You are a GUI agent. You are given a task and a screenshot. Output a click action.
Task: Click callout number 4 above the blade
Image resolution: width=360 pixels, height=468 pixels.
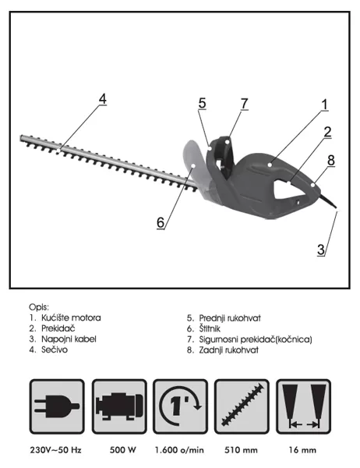103,99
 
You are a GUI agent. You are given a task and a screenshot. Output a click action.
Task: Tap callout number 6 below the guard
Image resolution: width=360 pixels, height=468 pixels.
161,222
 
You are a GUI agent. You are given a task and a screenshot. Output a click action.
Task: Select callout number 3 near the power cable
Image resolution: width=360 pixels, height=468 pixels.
321,250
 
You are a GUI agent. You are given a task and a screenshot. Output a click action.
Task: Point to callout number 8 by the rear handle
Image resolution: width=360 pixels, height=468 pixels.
331,160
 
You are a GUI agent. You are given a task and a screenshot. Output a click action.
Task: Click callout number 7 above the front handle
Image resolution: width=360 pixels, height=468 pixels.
245,104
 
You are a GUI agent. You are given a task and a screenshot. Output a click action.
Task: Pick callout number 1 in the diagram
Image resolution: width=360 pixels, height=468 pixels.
324,105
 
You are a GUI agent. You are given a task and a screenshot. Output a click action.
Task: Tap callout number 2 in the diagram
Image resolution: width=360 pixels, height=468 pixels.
328,133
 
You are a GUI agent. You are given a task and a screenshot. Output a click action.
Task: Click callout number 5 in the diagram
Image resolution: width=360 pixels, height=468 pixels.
203,103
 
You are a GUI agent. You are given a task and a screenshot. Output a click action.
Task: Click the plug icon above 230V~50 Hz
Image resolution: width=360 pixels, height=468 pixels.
57,406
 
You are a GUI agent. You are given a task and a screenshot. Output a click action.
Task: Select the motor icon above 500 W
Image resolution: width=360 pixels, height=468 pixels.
119,406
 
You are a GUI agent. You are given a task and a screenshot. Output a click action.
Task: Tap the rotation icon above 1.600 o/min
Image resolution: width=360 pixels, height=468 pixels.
181,406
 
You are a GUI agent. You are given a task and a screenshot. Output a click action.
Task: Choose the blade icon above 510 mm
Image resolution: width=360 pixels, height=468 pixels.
242,406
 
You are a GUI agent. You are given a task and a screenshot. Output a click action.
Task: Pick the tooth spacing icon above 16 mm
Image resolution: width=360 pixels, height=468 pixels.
304,406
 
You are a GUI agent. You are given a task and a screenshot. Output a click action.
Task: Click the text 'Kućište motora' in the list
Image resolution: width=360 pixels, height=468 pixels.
71,317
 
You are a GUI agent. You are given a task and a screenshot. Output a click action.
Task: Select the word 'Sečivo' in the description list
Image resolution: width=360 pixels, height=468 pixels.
55,349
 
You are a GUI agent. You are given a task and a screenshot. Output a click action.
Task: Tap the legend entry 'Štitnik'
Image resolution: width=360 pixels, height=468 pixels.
210,328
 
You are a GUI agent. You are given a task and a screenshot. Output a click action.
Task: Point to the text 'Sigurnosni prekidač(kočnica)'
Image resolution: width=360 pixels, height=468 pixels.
256,339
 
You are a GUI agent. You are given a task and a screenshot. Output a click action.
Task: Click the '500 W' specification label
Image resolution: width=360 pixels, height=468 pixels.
122,450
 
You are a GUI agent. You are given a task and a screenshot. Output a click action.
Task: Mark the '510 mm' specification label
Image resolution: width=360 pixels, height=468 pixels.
241,450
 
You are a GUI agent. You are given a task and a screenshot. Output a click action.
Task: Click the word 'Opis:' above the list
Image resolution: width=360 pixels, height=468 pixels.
39,307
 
